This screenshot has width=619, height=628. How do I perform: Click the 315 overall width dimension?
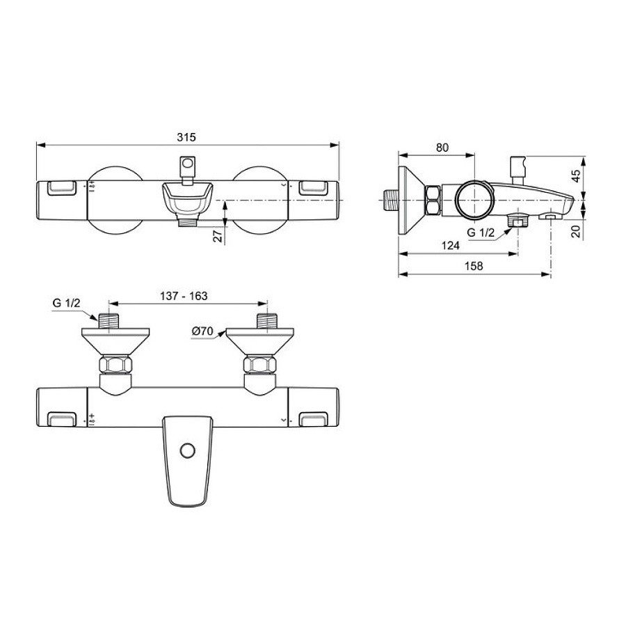pos(186,137)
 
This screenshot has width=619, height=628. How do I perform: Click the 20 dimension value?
pos(577,230)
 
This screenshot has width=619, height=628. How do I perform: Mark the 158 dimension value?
pos(473,265)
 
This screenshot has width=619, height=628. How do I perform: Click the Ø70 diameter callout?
pos(203,331)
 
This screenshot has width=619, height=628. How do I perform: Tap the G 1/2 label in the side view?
pos(481,233)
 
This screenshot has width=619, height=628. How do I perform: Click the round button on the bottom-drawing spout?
pos(186,450)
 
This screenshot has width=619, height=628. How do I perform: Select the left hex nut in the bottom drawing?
pos(115,366)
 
